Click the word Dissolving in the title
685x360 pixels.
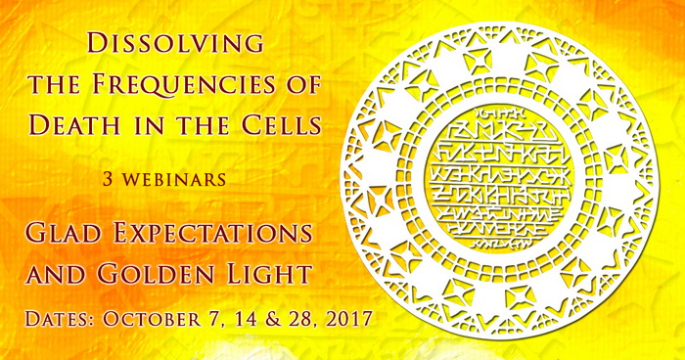pos(174,44)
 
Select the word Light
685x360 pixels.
pos(265,274)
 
